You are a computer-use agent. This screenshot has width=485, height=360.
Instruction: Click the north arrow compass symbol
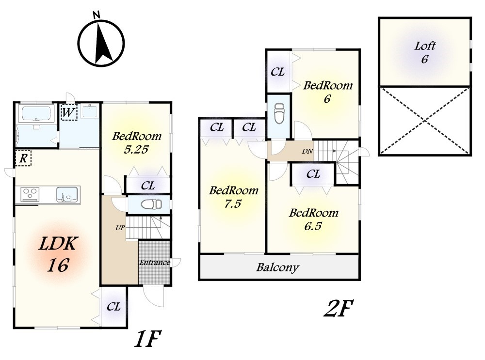[101, 43]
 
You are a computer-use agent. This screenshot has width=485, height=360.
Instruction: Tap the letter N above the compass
[97, 14]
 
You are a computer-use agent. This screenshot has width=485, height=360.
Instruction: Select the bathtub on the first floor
[37, 114]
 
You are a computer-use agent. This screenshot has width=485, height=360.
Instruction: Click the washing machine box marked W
[69, 112]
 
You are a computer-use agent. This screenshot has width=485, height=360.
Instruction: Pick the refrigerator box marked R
[23, 158]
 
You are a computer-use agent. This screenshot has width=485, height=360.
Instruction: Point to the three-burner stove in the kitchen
[30, 194]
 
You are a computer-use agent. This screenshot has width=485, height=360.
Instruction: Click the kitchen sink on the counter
[67, 194]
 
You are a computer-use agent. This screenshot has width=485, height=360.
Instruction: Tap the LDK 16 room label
[58, 254]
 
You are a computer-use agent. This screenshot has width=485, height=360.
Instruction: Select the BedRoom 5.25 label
[136, 142]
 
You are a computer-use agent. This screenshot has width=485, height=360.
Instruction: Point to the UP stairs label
[120, 228]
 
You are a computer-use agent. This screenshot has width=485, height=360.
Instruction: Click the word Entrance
[155, 263]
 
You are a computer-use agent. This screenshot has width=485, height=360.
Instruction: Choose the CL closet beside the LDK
[113, 307]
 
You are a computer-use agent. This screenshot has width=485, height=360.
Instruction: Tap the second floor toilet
[279, 113]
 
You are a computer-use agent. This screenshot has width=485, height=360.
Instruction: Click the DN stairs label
[307, 152]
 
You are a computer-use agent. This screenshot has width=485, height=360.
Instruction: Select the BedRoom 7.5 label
[234, 197]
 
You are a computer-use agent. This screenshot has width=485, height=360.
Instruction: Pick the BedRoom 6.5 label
[313, 219]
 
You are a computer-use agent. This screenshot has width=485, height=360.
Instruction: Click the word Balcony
[277, 267]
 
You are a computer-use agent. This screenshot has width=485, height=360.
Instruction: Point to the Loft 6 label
[425, 52]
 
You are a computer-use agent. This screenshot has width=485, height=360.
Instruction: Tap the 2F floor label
[339, 308]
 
